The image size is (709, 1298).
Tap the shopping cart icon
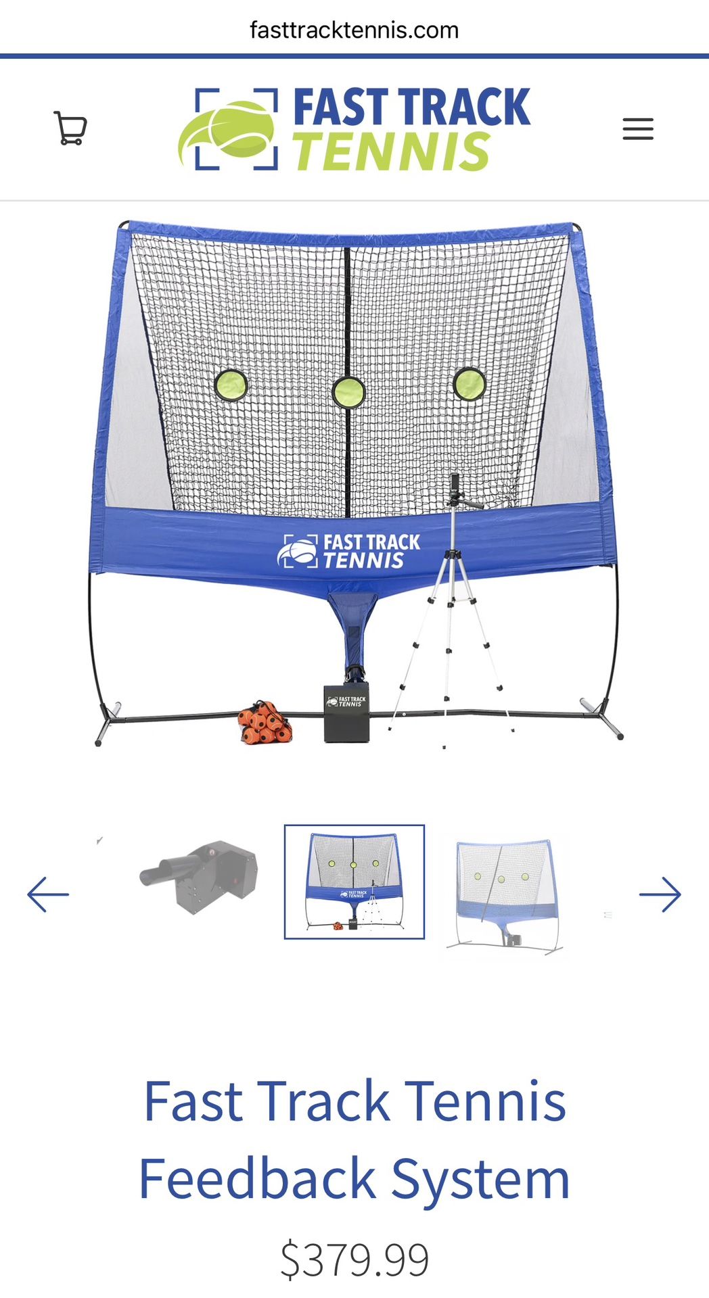click(70, 128)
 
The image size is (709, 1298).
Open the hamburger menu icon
click(638, 128)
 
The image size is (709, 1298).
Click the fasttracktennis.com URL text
click(354, 30)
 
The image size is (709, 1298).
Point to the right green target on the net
click(469, 384)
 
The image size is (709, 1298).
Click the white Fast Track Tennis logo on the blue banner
click(348, 551)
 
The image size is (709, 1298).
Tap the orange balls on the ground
click(265, 723)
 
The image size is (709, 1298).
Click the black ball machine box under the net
click(347, 713)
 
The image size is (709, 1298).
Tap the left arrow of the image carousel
click(48, 894)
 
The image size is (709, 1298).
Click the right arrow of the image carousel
click(660, 894)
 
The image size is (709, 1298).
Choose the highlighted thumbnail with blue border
click(354, 882)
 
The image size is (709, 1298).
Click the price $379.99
click(354, 1259)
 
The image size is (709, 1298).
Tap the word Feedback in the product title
click(257, 1178)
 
